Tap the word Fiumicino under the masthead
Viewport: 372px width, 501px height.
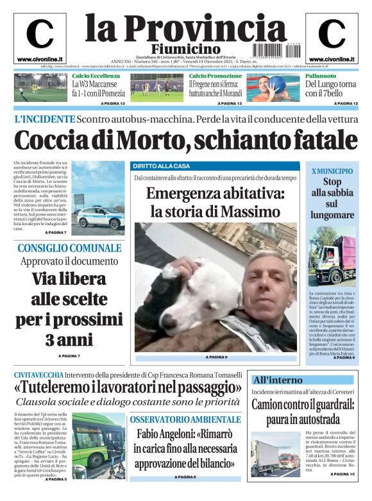coord(185,49)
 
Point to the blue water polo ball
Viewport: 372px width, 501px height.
coord(276,83)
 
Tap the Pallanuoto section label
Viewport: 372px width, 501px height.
coord(321,76)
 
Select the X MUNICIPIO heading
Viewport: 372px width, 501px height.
coord(332,171)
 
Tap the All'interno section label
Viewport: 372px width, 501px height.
coord(278,380)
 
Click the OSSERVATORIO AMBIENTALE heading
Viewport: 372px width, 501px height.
coord(185,420)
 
